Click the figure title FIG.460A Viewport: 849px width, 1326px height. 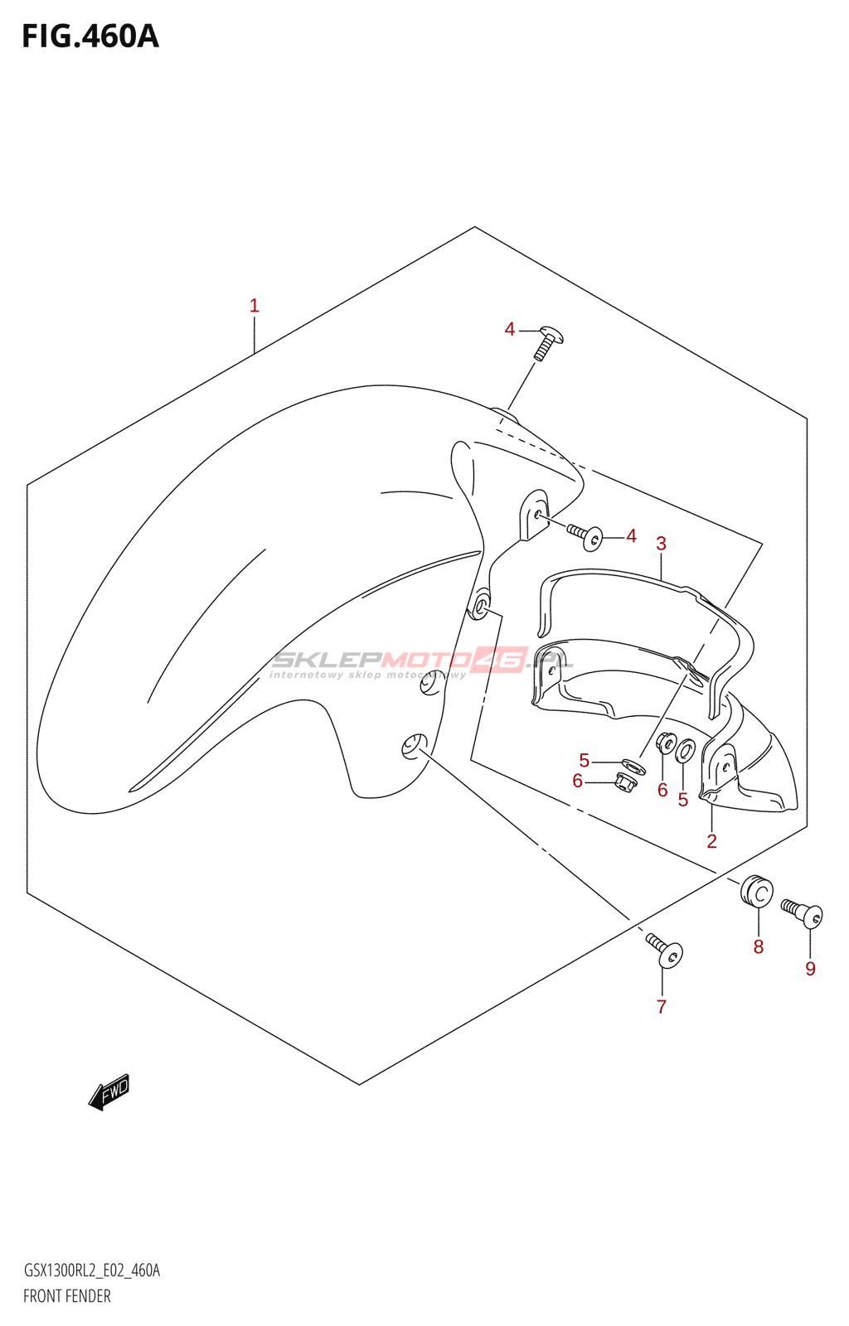click(90, 36)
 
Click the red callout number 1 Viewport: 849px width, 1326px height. click(255, 306)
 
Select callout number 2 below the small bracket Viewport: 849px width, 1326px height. click(711, 841)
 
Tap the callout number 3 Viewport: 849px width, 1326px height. click(661, 544)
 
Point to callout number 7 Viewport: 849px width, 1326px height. click(661, 1007)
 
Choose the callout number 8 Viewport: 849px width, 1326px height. click(758, 946)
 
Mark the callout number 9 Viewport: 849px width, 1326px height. click(810, 969)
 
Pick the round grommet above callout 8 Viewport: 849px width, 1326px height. click(757, 891)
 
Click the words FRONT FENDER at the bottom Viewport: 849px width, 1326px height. click(67, 1296)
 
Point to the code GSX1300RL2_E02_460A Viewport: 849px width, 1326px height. click(91, 1270)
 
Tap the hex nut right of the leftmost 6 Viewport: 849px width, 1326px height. click(626, 781)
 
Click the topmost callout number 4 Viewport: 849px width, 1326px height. click(510, 330)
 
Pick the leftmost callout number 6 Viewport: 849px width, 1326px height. click(577, 781)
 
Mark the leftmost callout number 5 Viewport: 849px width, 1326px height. click(585, 761)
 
